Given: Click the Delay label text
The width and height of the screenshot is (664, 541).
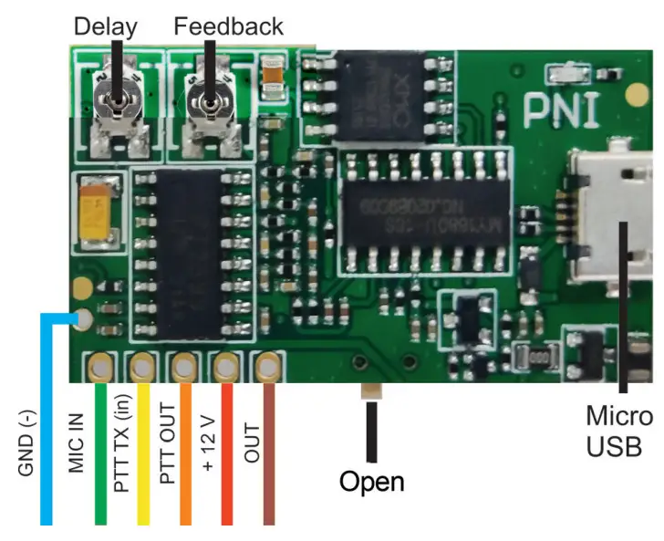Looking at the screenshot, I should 104,26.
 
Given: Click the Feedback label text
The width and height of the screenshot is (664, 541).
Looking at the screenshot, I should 228,26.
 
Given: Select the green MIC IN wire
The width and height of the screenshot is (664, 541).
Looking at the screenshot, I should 99,456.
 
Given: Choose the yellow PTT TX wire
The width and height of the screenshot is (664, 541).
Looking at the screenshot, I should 142,456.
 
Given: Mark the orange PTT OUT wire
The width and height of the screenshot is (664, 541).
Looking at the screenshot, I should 185,456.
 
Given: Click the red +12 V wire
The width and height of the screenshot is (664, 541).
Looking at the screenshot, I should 226,456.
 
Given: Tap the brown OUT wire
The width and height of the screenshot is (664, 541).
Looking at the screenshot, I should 268,456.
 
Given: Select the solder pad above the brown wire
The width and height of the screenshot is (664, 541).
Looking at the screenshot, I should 266,368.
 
